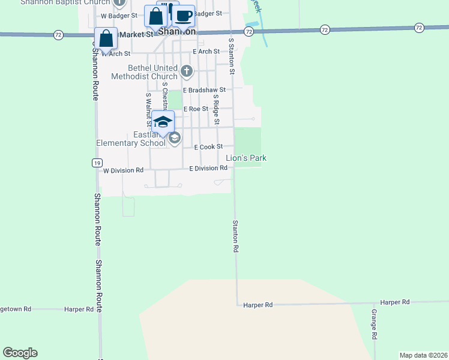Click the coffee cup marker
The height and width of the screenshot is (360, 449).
pos(184,16)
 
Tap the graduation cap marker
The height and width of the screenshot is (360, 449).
pos(162,122)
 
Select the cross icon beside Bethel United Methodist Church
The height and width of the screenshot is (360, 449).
pos(187,71)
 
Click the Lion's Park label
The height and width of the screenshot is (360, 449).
pos(246,158)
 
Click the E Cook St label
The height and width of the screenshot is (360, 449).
pos(208,146)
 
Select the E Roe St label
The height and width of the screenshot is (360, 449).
pos(195,109)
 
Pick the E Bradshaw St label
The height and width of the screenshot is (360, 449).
pos(204,90)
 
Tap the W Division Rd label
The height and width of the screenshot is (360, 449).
pos(123,170)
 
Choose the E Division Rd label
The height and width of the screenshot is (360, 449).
pos(208,169)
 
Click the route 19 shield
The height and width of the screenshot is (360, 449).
pos(97,163)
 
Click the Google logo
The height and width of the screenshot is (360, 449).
pos(20,353)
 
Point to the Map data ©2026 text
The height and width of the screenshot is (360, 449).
pos(423,355)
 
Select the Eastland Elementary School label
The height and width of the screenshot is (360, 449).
pos(131,139)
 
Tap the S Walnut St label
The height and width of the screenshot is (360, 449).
pos(148,110)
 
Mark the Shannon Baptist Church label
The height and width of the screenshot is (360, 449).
pos(65,2)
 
